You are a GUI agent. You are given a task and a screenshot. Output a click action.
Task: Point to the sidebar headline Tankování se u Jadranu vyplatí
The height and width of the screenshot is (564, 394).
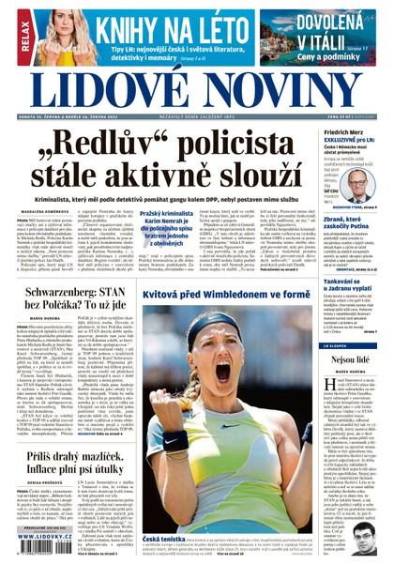click(x=351, y=282)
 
